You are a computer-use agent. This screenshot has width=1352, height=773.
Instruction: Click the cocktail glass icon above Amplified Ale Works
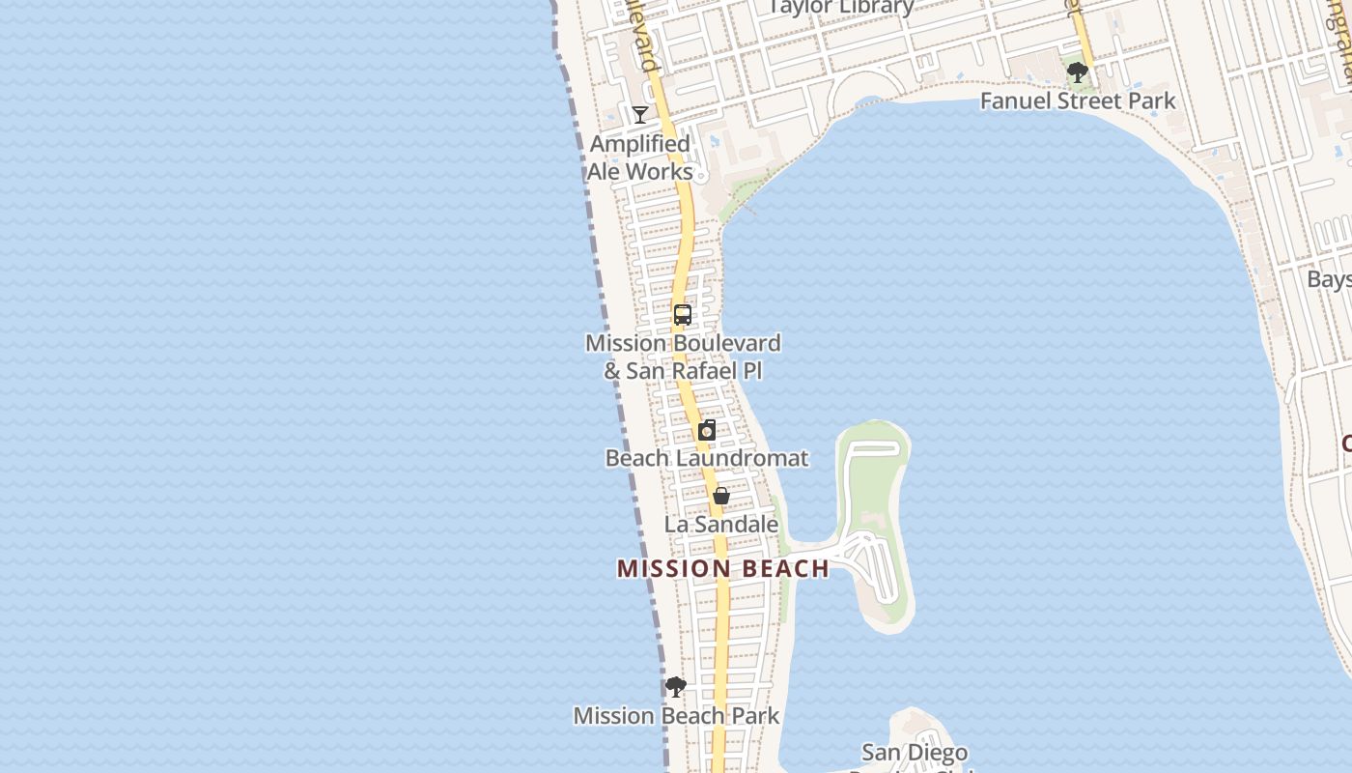point(639,115)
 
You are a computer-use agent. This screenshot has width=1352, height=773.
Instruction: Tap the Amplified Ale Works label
point(640,157)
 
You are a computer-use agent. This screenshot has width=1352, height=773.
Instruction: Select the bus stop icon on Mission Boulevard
point(683,315)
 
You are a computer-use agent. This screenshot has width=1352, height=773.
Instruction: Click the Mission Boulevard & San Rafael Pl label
point(683,357)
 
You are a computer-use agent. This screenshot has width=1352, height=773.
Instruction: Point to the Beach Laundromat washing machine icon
point(707,431)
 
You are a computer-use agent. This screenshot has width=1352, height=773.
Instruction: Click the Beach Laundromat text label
point(707,458)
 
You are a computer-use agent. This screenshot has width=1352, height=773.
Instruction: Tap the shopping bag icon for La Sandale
point(720,497)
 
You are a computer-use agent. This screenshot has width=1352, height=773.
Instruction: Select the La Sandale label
point(721,525)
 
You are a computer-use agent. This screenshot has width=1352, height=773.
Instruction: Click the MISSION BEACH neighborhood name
point(723,568)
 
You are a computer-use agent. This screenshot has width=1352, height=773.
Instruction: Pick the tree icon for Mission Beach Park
point(676,687)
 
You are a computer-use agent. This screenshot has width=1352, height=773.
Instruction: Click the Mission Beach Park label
point(676,716)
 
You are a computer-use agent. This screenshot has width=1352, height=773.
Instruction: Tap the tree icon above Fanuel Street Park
point(1078,72)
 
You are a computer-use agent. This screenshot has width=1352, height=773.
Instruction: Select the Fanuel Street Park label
point(1078,100)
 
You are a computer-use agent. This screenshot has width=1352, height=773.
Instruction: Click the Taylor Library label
point(841,8)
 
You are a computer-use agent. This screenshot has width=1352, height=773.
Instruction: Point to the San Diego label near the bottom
point(915,752)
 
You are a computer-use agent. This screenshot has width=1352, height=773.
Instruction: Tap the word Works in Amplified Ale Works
point(659,172)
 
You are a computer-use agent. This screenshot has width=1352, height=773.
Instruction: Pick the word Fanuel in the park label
point(1015,100)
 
